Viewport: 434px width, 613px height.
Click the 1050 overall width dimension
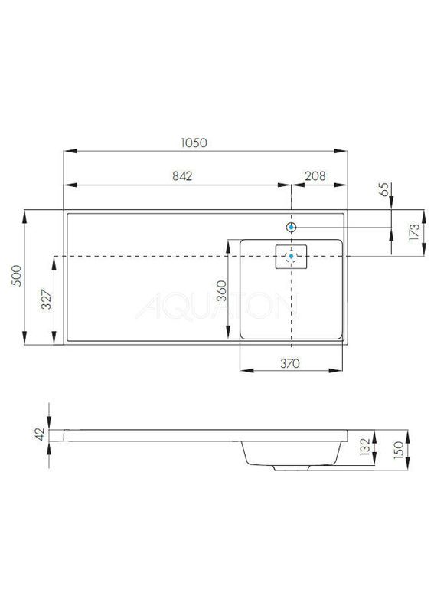pos(194,143)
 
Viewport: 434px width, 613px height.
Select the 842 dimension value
pos(182,176)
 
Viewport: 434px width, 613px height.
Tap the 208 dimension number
pos(315,176)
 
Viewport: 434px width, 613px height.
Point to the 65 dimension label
pos(384,189)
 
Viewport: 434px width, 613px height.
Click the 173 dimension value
pos(414,231)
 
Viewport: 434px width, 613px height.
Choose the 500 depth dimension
pos(16,276)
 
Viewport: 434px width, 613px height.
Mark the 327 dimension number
pos(46,300)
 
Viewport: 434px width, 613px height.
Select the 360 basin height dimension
pos(221,290)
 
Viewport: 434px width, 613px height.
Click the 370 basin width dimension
pos(290,363)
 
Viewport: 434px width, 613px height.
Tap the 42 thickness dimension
pos(41,434)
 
